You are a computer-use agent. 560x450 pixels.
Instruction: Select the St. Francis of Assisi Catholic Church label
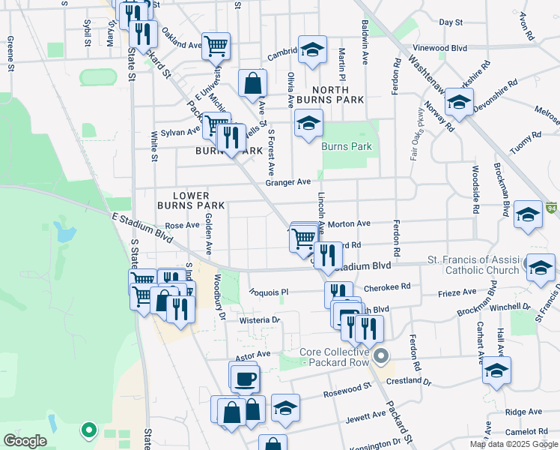473,265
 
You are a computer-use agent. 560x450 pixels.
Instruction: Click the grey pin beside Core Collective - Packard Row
382,355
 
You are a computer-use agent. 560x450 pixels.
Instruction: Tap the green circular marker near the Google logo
88,430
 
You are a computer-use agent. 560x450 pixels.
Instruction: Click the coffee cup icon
245,379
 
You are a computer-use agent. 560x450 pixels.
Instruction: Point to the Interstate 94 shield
552,206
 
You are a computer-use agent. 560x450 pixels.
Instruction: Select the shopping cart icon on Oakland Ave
216,45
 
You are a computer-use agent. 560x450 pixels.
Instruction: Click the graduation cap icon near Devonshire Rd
458,103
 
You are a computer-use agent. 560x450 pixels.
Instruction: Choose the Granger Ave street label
287,182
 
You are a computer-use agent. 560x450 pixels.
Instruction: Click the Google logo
25,441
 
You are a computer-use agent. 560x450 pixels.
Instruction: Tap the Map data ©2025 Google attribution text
514,444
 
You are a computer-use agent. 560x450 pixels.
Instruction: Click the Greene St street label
11,54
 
